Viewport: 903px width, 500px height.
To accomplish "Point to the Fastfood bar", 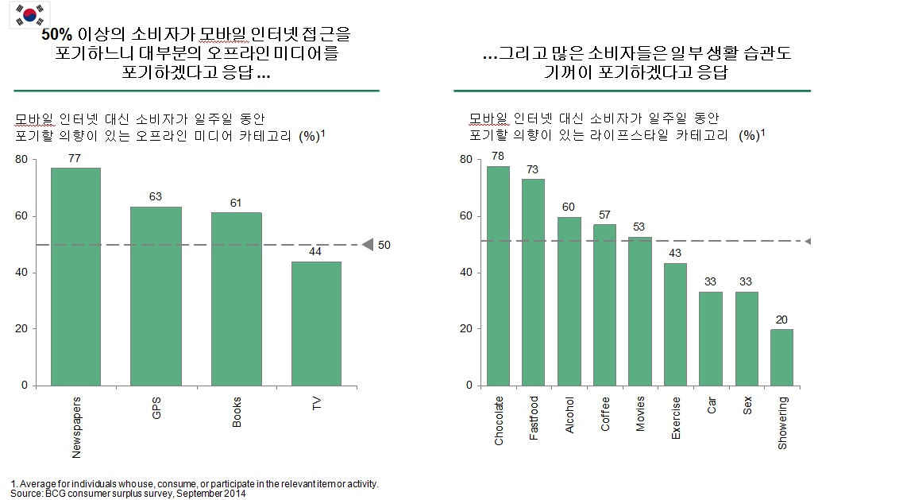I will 533,282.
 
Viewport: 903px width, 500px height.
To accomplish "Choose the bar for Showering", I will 781,357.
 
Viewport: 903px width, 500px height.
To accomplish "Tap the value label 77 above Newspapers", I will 75,158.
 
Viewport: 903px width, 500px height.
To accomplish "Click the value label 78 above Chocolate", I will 498,156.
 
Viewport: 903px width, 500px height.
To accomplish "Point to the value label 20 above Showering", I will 781,320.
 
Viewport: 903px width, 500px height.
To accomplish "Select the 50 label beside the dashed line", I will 384,246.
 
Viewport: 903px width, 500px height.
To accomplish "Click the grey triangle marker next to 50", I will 367,246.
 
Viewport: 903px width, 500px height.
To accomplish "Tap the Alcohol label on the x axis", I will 569,415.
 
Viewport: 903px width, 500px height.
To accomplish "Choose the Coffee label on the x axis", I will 605,413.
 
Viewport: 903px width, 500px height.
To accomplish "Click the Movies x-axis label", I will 641,414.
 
